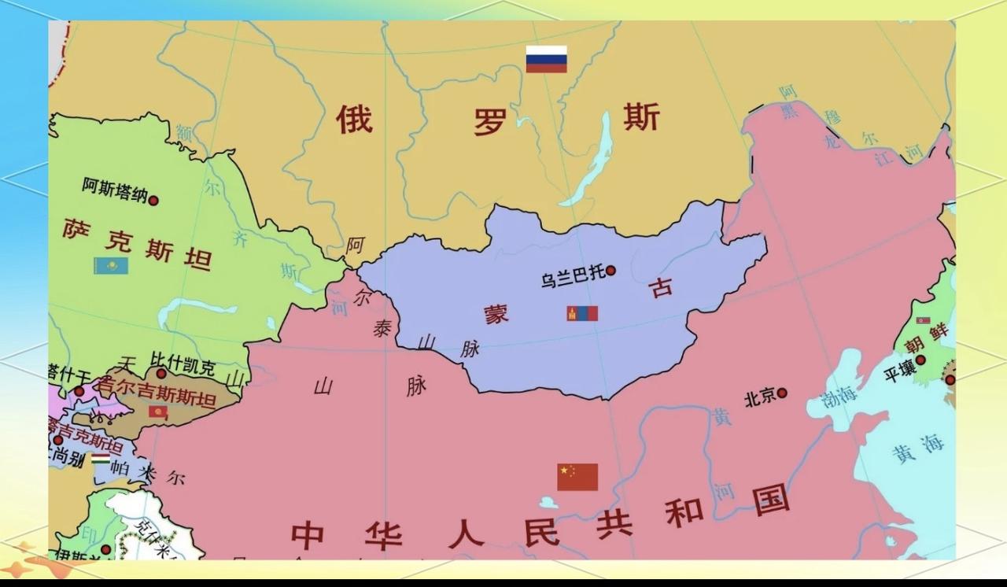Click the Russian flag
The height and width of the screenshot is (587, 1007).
click(546, 59)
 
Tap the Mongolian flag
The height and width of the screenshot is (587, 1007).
click(582, 313)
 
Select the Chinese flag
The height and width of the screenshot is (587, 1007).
click(577, 477)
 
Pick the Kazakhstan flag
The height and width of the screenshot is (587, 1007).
click(111, 265)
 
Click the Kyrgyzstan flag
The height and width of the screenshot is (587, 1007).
click(158, 412)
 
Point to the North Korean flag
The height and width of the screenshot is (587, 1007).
click(923, 321)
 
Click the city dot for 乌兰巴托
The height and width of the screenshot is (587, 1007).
click(610, 271)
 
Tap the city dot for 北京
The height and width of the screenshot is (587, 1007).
click(782, 393)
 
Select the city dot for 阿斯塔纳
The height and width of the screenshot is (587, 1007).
click(153, 201)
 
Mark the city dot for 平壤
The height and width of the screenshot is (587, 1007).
click(920, 360)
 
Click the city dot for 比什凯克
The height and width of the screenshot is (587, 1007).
click(160, 374)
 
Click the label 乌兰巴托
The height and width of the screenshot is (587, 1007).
click(573, 276)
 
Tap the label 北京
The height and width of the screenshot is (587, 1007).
click(760, 398)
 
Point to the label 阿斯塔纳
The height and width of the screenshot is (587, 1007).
click(114, 190)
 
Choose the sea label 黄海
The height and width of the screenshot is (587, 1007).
click(917, 448)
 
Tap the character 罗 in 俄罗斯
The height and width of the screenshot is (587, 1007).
click(490, 121)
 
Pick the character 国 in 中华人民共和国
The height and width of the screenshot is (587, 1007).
click(770, 499)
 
